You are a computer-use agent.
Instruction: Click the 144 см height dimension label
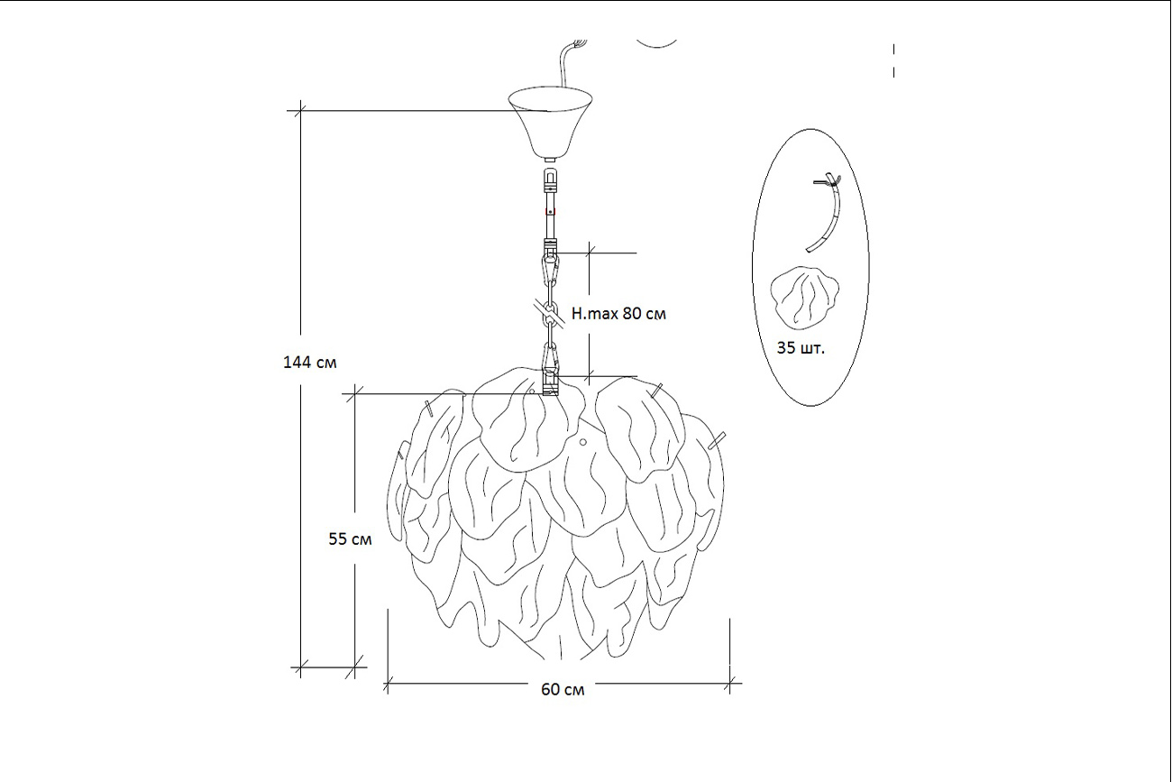[x=310, y=363]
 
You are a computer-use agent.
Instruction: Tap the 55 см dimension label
[x=350, y=539]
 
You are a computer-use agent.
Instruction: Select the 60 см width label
[x=563, y=690]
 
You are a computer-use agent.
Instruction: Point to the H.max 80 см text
[x=618, y=314]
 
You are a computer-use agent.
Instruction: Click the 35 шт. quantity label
[x=800, y=347]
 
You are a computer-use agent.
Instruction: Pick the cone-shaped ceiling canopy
[x=550, y=122]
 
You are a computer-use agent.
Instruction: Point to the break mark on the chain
[x=550, y=312]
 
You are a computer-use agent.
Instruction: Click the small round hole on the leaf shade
[x=583, y=442]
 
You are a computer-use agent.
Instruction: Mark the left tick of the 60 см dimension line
[x=388, y=684]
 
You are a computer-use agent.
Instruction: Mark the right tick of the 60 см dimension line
[x=729, y=684]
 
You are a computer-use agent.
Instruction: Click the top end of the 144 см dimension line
[x=300, y=111]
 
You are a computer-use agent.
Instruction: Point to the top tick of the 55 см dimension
[x=356, y=393]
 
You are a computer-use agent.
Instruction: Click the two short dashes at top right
[x=893, y=60]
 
